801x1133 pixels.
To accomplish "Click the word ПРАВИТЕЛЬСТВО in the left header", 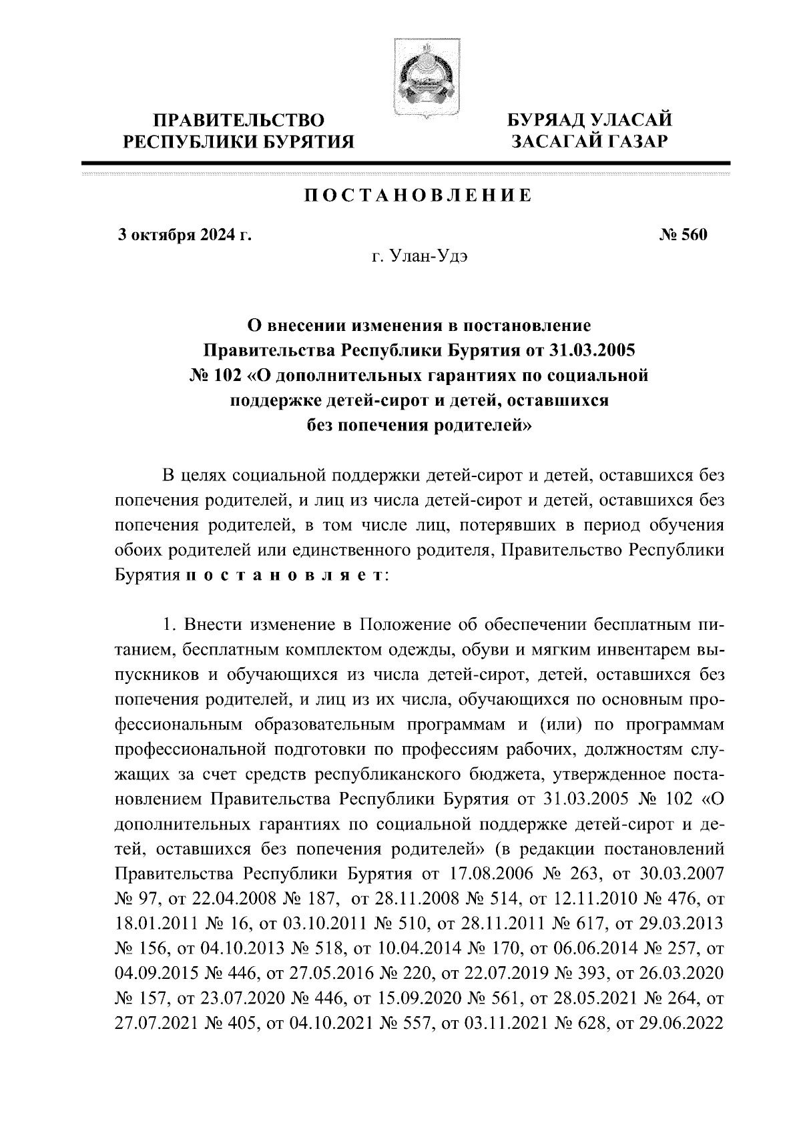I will [x=240, y=121].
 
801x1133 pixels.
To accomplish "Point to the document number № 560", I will [x=683, y=235].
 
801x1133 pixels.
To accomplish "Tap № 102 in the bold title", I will [x=214, y=375].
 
